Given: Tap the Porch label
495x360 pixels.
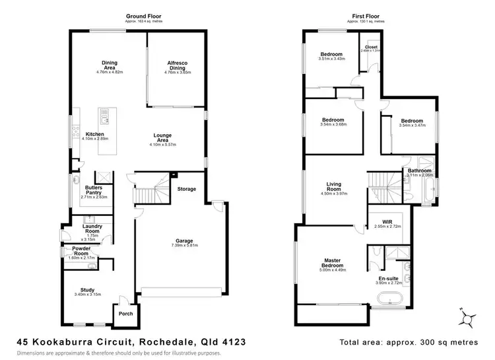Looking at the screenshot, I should [125, 314].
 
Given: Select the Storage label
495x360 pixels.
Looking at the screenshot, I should [187, 190].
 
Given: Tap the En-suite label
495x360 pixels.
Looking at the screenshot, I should [388, 277].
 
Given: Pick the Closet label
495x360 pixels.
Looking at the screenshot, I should [370, 48].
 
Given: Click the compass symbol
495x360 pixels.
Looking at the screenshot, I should [468, 320].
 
